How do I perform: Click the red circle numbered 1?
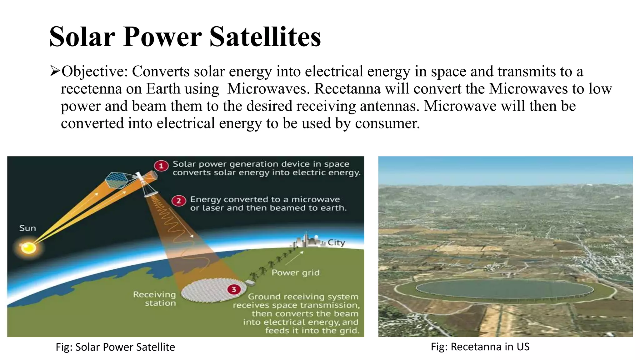tap(161, 166)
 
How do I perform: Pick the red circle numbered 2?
tap(179, 201)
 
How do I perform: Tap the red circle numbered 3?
tap(234, 289)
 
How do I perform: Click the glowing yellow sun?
tap(28, 248)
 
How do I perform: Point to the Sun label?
tap(27, 228)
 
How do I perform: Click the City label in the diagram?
tap(336, 242)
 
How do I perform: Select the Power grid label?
tap(295, 273)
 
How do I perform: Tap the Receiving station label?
tap(155, 299)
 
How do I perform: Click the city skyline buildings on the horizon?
tap(307, 241)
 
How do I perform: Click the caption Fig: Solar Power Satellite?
tap(115, 347)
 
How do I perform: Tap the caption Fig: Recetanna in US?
tap(480, 347)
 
